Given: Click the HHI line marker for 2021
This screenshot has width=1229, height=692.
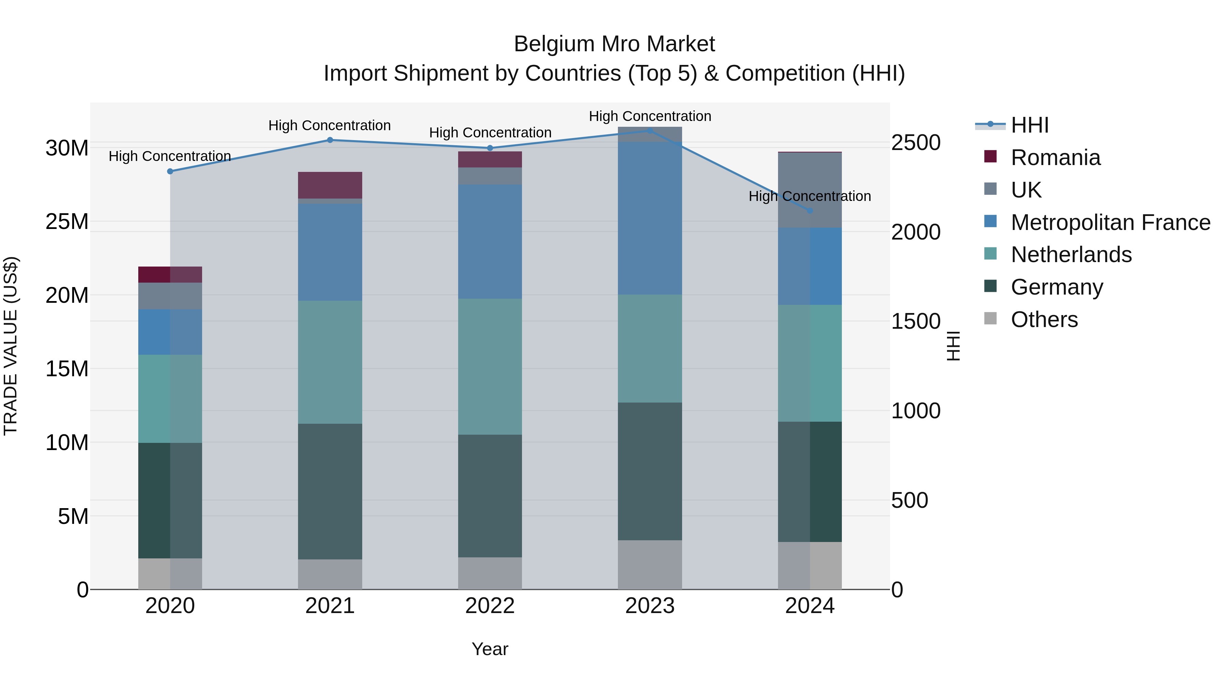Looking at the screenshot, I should (330, 140).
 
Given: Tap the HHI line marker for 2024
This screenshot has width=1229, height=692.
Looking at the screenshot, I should (810, 211).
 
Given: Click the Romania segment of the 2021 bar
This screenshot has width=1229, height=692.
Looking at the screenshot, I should (330, 185).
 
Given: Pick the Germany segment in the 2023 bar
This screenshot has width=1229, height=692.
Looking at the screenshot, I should (650, 471).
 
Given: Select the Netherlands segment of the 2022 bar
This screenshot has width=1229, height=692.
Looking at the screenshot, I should (490, 366).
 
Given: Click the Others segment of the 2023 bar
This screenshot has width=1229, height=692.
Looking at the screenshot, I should (650, 565).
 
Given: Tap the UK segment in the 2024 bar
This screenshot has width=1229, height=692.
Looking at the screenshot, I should (810, 190).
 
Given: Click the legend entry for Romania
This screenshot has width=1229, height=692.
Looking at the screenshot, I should (1055, 158).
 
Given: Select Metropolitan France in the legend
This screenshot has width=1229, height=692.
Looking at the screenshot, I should (1110, 222).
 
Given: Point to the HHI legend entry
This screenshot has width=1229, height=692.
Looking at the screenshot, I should (1029, 125).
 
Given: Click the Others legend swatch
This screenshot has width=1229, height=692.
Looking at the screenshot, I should (990, 318).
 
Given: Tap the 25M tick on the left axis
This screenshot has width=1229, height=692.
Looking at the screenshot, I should (67, 221).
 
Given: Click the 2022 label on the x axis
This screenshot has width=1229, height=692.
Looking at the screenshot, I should (490, 606).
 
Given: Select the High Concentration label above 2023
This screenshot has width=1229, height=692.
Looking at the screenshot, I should (650, 116).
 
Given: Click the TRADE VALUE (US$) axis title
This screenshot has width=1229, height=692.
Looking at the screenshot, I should (11, 346).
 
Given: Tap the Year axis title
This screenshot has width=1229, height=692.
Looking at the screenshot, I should (490, 649).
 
